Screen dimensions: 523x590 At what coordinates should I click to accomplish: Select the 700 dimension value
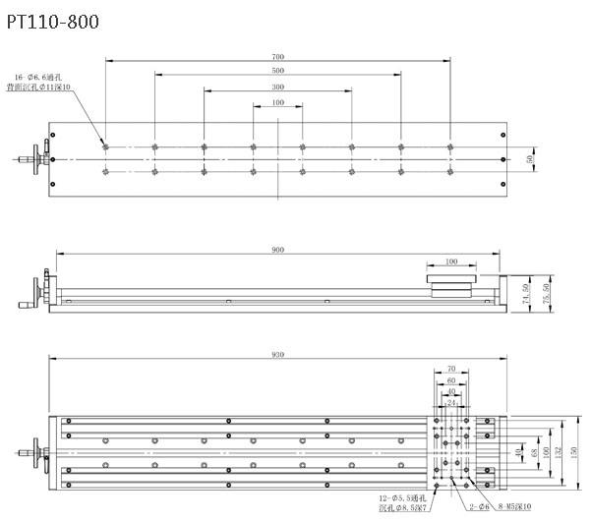point(278,56)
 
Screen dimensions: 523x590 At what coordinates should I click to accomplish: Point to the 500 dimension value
point(278,71)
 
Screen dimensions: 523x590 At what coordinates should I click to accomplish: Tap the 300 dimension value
point(278,87)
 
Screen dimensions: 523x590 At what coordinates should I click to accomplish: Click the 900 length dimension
point(278,251)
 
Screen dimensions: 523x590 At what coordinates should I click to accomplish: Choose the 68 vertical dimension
point(534,452)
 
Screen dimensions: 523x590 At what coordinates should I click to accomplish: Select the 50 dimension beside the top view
point(532,158)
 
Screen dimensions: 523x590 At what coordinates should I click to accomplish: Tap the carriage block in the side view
point(452,283)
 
